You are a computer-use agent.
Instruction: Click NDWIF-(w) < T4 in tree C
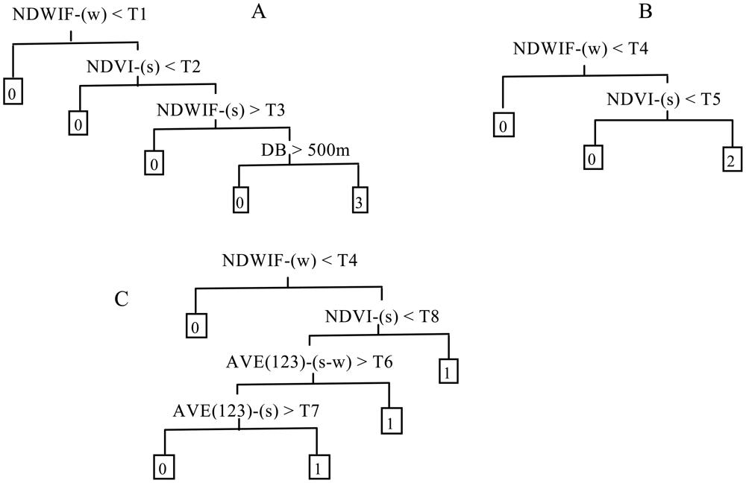[287, 262]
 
